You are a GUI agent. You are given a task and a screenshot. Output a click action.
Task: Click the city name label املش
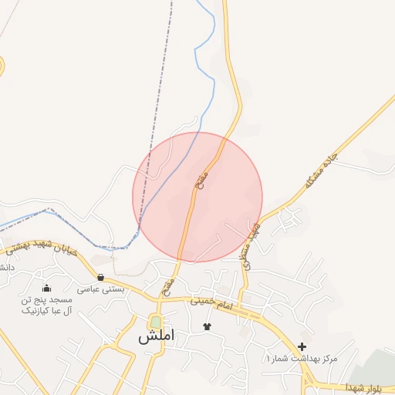pyautogui.click(x=157, y=337)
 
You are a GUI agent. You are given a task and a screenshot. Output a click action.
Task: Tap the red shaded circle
pyautogui.click(x=197, y=197)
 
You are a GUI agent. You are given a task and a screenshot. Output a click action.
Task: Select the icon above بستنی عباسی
pyautogui.click(x=101, y=277)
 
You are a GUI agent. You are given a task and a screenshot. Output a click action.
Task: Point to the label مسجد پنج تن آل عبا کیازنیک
pyautogui.click(x=47, y=305)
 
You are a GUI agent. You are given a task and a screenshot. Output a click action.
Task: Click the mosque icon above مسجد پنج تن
pyautogui.click(x=47, y=289)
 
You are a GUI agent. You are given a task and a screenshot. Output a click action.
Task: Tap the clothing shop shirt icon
pyautogui.click(x=206, y=326)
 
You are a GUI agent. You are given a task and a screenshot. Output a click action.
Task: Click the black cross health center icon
pyautogui.click(x=302, y=346)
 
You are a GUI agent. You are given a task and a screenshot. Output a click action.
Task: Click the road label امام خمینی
pyautogui.click(x=215, y=307)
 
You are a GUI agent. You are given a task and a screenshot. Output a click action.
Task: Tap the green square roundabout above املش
pyautogui.click(x=157, y=322)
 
